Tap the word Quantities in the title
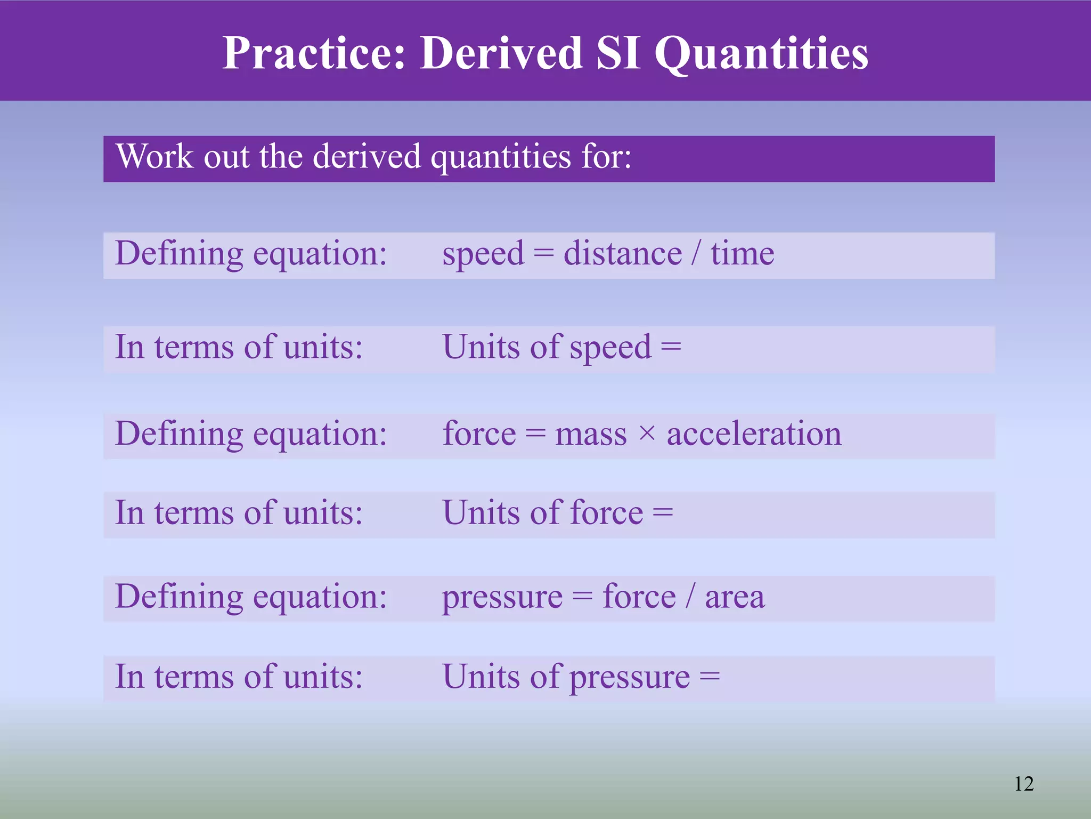click(x=761, y=53)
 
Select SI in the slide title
click(x=618, y=53)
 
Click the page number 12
click(x=1024, y=784)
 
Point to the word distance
click(x=622, y=253)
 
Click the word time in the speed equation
click(x=742, y=253)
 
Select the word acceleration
click(x=754, y=433)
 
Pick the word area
click(x=735, y=597)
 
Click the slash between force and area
click(x=690, y=596)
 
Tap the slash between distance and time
click(x=696, y=253)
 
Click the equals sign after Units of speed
click(x=671, y=348)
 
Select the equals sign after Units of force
click(x=663, y=513)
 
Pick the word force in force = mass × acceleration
click(x=479, y=433)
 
